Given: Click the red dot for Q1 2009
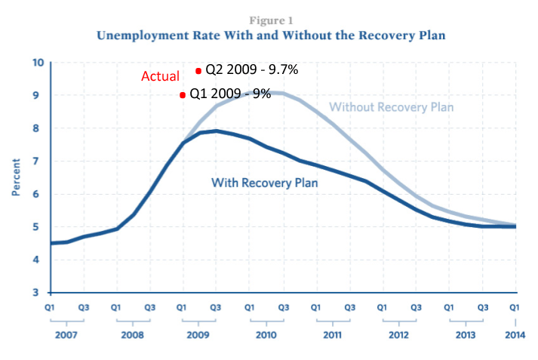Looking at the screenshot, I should pyautogui.click(x=183, y=95).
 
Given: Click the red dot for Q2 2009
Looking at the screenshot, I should pyautogui.click(x=198, y=70).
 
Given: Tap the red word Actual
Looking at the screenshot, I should pyautogui.click(x=160, y=76).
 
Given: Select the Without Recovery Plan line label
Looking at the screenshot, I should pyautogui.click(x=392, y=107).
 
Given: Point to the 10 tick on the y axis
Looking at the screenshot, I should pyautogui.click(x=38, y=62).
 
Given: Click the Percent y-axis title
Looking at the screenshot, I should pyautogui.click(x=16, y=177).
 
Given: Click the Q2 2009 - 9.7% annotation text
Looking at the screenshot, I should pyautogui.click(x=252, y=70).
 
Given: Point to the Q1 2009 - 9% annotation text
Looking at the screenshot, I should pyautogui.click(x=229, y=95).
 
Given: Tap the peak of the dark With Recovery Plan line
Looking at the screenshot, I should pyautogui.click(x=217, y=131).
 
